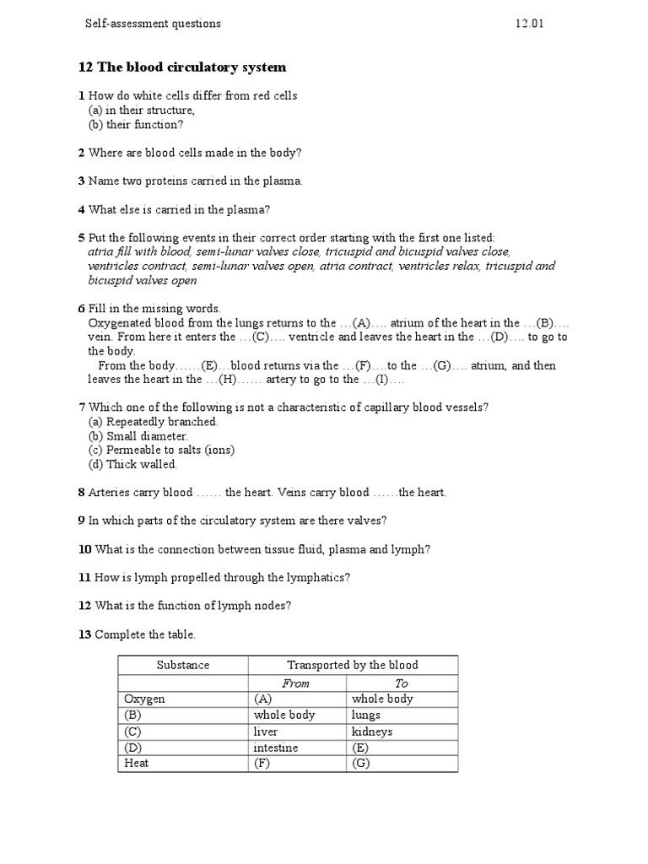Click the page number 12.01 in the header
[530, 24]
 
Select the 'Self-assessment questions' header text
[153, 24]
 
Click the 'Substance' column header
[183, 665]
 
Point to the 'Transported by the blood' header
[353, 665]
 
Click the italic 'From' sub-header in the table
[295, 683]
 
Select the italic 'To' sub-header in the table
[402, 683]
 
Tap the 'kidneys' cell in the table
[372, 732]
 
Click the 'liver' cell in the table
[266, 732]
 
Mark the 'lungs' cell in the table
[366, 715]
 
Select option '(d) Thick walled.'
[132, 464]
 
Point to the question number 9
[82, 521]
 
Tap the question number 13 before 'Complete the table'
[84, 634]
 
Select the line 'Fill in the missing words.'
[154, 309]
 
